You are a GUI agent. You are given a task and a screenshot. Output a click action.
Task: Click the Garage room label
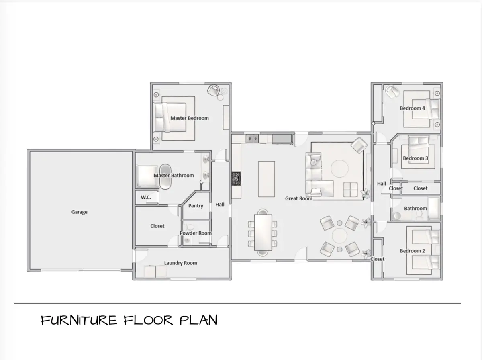point(79,212)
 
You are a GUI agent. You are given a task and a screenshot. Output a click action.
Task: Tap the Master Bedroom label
point(190,118)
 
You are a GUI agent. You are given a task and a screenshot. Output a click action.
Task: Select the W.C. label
point(146,197)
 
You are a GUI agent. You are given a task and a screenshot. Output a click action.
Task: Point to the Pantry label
point(196,206)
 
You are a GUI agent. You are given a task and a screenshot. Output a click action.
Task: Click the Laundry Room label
point(180,263)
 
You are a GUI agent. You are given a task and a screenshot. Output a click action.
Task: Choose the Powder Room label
point(196,233)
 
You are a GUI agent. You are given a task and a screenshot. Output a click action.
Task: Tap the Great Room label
point(299,198)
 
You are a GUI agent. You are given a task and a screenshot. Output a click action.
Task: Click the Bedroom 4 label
point(413,108)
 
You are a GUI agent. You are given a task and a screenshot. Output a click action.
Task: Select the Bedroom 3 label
point(415,158)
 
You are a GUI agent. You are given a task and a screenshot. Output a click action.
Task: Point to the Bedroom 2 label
point(413,251)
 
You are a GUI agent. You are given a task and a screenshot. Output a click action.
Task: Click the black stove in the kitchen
point(236,178)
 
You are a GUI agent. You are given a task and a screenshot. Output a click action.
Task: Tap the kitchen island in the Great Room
point(267,179)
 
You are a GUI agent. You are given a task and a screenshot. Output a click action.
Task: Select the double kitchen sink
point(252,139)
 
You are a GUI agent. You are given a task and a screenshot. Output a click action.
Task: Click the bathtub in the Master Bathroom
point(165,177)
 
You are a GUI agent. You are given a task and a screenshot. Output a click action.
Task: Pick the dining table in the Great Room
point(263,232)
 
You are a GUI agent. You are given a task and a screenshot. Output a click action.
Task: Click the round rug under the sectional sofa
point(339,168)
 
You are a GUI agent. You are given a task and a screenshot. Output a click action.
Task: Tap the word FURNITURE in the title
point(79,320)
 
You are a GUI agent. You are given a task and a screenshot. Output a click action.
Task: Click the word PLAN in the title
point(199,320)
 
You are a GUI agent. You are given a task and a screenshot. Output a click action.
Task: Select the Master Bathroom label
point(174,176)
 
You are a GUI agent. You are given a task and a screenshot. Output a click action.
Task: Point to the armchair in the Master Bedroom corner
point(213,90)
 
